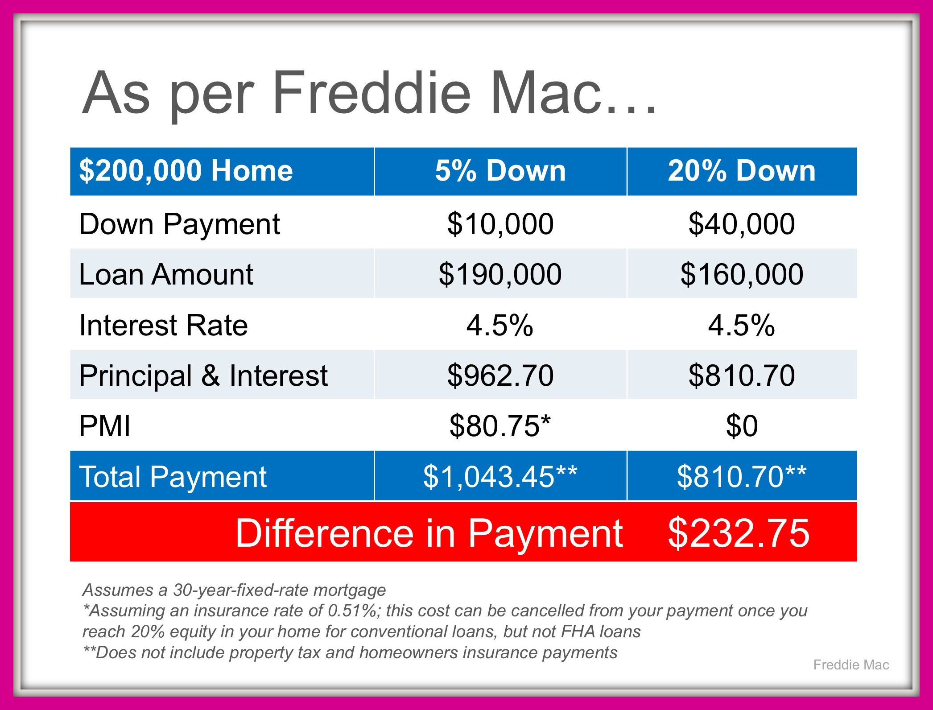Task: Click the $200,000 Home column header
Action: tap(186, 171)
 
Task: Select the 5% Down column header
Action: tap(500, 171)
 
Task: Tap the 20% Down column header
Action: tap(742, 171)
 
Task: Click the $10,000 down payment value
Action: tap(500, 224)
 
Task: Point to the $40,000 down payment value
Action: tap(742, 224)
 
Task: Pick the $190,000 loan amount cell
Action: tap(500, 274)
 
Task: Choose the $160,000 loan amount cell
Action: tap(742, 274)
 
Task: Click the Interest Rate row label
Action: tap(163, 325)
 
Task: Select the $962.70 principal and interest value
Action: tap(500, 376)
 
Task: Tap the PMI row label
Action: tap(105, 426)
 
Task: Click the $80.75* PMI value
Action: tap(500, 425)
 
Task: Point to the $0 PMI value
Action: tap(742, 426)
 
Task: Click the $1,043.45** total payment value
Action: tap(500, 476)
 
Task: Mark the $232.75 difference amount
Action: tap(739, 533)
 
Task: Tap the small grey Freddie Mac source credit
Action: tap(851, 665)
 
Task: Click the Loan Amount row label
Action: tap(166, 274)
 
